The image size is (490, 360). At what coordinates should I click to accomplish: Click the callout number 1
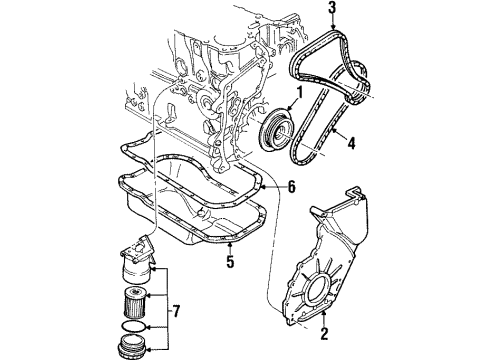pos(299,93)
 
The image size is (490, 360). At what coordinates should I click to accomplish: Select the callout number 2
pos(324,333)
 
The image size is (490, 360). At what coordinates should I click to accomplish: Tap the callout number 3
pos(332,8)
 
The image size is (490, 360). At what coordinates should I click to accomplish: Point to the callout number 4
pos(351,143)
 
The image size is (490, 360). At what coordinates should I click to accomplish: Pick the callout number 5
pos(230,261)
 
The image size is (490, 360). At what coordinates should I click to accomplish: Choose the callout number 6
pos(291,187)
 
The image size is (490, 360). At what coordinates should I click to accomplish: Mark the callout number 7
pos(176,311)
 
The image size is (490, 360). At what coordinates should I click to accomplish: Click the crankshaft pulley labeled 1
pos(277,129)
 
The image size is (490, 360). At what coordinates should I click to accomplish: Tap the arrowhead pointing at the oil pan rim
pos(230,246)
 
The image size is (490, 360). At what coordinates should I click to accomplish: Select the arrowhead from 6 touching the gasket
pos(264,187)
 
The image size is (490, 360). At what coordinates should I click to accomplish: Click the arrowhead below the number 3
pos(333,26)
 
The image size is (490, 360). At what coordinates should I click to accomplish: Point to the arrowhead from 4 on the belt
pos(334,130)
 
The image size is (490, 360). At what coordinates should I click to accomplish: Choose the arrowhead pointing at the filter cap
pos(149,349)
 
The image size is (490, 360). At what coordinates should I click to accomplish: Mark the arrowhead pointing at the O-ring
pos(149,328)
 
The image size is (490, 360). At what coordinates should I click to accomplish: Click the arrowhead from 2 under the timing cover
pos(324,313)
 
